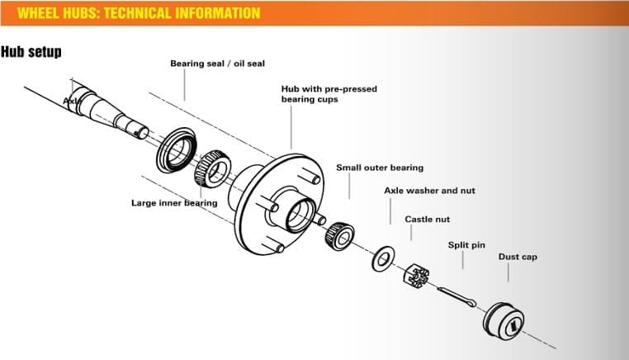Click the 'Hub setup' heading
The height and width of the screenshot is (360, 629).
pyautogui.click(x=31, y=52)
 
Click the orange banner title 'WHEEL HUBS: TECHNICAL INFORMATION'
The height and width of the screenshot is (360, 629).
pyautogui.click(x=138, y=13)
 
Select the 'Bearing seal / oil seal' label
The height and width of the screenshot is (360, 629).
pyautogui.click(x=217, y=64)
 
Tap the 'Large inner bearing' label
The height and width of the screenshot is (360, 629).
pyautogui.click(x=174, y=202)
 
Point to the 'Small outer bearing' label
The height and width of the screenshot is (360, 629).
pyautogui.click(x=379, y=168)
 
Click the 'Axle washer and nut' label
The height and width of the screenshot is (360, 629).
pyautogui.click(x=429, y=191)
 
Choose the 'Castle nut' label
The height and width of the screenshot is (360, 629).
pyautogui.click(x=428, y=219)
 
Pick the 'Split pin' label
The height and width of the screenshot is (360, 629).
pyautogui.click(x=466, y=245)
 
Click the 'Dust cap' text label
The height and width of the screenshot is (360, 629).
pyautogui.click(x=518, y=257)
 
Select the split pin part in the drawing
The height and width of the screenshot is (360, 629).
pyautogui.click(x=454, y=296)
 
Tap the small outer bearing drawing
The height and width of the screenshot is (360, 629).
pyautogui.click(x=341, y=235)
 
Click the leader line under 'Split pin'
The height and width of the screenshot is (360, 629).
pyautogui.click(x=463, y=260)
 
